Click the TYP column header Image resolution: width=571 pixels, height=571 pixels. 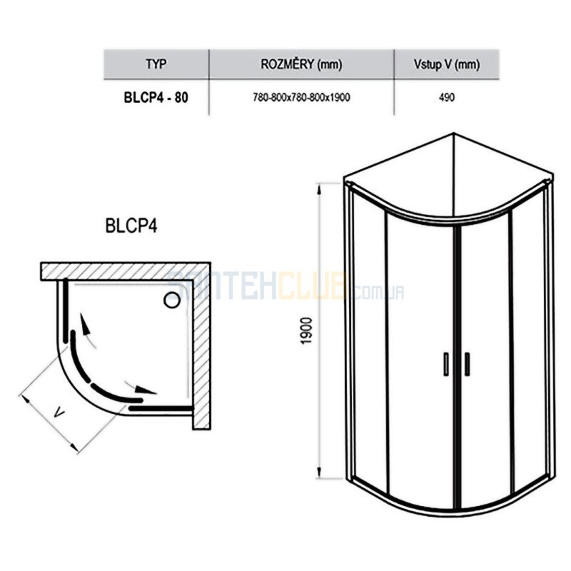[156, 64]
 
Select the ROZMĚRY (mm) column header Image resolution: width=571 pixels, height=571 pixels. [301, 64]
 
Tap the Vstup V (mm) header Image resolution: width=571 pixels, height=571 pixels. [447, 64]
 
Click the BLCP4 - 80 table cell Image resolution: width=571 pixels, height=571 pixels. [156, 98]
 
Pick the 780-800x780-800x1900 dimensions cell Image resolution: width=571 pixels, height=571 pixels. [301, 98]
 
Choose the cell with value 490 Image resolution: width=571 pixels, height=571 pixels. [447, 98]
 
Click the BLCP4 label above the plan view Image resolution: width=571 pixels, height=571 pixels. [131, 226]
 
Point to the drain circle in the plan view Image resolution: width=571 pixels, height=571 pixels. [171, 300]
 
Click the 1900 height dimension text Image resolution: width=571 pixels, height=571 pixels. [307, 330]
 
